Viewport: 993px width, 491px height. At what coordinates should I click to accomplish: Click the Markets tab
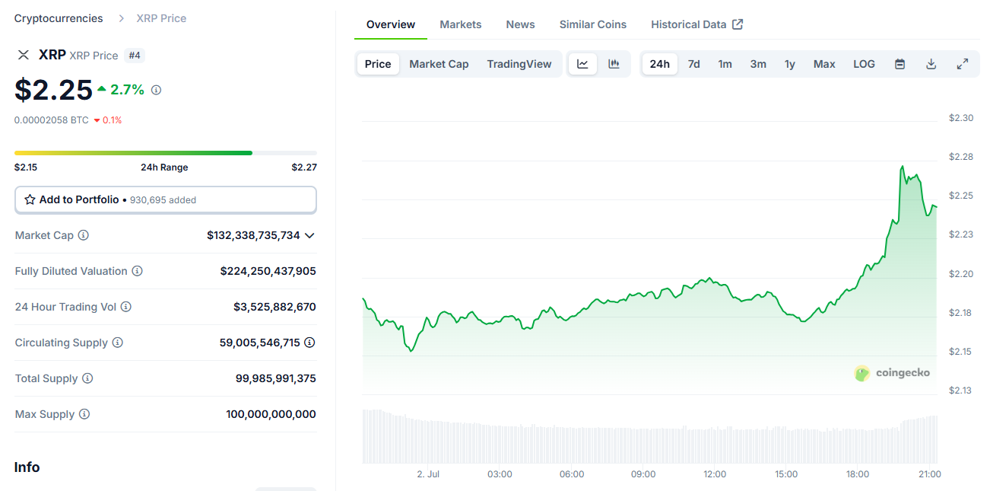[x=460, y=24]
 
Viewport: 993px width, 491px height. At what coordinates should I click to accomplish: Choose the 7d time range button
[x=693, y=64]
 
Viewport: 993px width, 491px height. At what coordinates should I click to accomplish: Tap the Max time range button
[x=824, y=64]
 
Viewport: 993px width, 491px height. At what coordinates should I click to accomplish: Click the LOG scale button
[x=864, y=64]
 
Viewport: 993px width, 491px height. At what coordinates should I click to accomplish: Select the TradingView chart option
[x=519, y=64]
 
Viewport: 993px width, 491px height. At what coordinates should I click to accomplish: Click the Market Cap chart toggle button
[x=439, y=64]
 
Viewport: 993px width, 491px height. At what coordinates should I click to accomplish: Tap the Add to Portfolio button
[x=165, y=199]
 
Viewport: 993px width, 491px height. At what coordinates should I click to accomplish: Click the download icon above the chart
[x=931, y=64]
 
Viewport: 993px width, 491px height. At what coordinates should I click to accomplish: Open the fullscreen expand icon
[x=962, y=64]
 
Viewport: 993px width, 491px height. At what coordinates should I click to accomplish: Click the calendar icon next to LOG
[x=899, y=64]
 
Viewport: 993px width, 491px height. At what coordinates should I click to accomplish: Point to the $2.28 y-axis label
[x=960, y=157]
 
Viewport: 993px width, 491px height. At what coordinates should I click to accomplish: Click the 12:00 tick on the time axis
[x=715, y=474]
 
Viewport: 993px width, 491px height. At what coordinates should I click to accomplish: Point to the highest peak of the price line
[x=903, y=166]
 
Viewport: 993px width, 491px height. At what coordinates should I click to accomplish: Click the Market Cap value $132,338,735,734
[x=253, y=235]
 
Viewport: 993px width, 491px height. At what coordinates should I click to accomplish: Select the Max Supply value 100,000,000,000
[x=271, y=414]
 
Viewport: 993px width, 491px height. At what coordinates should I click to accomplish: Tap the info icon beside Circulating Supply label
[x=118, y=343]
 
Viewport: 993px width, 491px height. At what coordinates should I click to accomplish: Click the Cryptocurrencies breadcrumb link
[x=59, y=18]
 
